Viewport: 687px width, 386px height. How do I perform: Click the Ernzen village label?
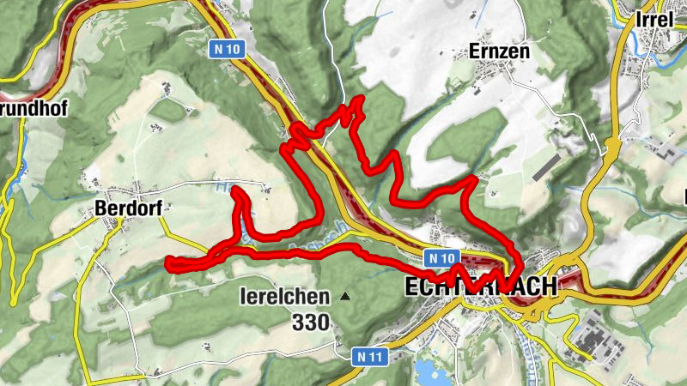499,51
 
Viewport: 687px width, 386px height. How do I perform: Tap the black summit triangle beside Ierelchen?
345,297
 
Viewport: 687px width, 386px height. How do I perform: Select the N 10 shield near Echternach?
441,257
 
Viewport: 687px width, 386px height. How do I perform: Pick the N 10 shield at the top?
227,50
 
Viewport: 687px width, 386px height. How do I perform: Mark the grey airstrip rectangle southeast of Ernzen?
546,167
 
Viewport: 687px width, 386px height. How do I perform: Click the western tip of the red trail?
169,262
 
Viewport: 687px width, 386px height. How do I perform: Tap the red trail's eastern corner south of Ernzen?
473,179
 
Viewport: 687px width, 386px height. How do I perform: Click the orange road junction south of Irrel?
612,146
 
